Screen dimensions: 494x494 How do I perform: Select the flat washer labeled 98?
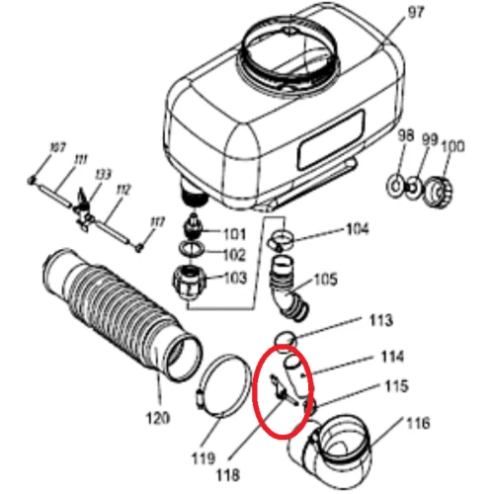point(395,183)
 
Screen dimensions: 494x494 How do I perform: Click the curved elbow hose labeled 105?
point(288,282)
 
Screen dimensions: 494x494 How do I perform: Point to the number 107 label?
point(57,147)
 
